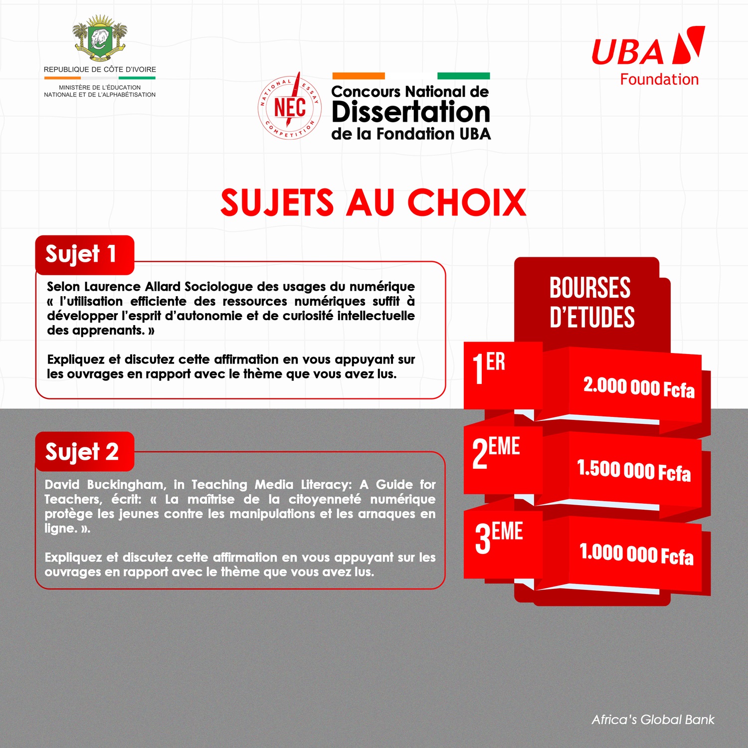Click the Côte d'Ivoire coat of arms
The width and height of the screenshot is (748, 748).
[100, 38]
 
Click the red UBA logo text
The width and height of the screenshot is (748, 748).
[628, 52]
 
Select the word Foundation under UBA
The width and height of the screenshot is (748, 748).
[659, 79]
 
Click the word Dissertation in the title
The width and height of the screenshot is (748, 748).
[411, 112]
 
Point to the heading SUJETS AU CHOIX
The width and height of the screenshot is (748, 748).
[374, 203]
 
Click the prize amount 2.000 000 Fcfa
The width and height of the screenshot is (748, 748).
[639, 387]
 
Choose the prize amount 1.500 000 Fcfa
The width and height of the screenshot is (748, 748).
[634, 470]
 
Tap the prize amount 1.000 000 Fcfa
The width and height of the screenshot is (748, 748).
[636, 554]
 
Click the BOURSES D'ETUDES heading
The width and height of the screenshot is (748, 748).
[591, 302]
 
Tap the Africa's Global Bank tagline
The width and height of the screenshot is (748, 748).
[653, 720]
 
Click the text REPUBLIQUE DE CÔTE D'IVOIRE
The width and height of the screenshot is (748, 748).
[100, 69]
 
